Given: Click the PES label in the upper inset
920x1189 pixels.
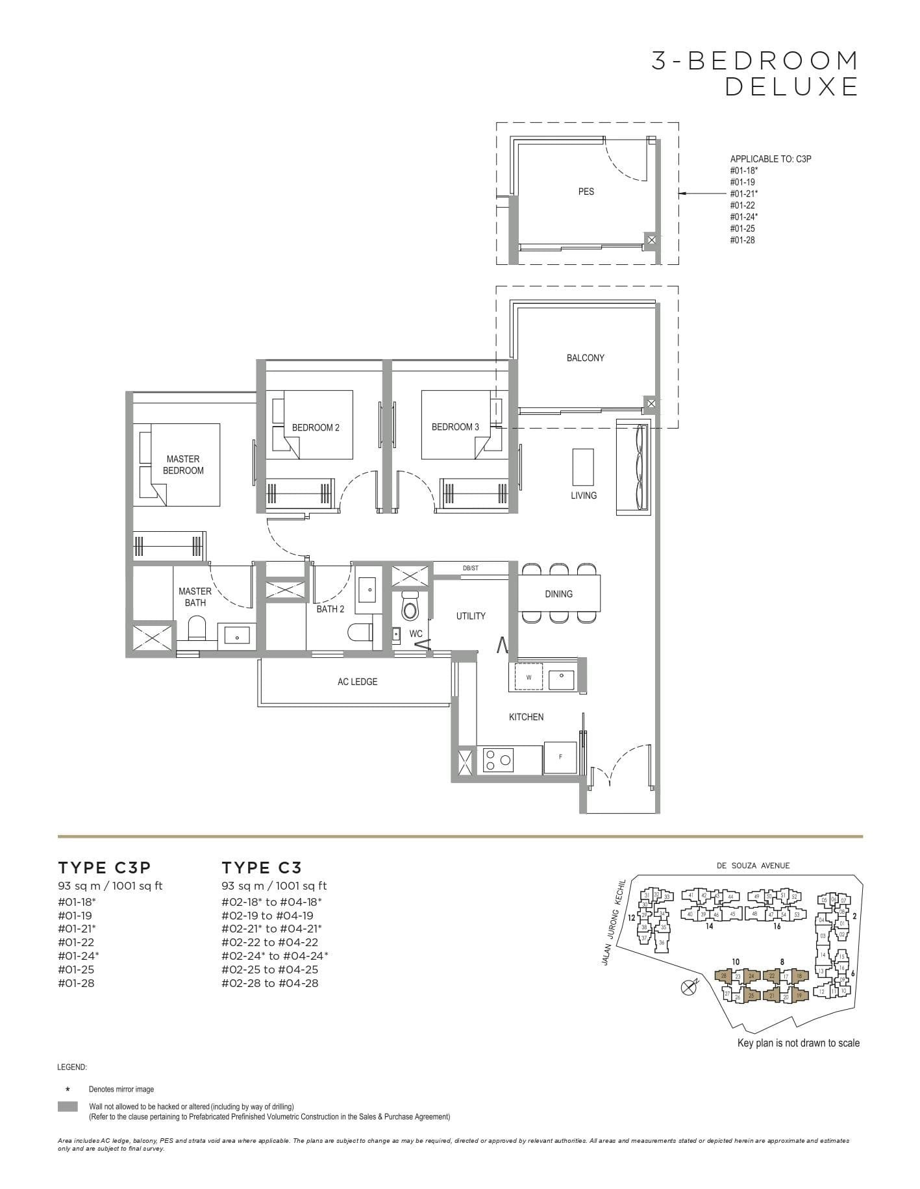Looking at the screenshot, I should click(586, 192).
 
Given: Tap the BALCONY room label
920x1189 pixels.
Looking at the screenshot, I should click(585, 358).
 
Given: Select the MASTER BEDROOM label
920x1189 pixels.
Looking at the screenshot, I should click(183, 465).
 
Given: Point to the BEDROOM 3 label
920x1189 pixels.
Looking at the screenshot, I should click(455, 427).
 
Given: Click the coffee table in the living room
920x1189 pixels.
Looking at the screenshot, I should click(582, 466).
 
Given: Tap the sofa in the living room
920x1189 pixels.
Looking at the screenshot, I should click(633, 468).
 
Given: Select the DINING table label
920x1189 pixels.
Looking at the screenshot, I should click(558, 594).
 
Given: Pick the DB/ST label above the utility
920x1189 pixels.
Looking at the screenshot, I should click(471, 568).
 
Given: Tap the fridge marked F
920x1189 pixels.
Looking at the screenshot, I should click(560, 757).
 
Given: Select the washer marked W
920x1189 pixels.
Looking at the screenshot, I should click(528, 677).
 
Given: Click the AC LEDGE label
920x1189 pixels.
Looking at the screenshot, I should click(357, 681).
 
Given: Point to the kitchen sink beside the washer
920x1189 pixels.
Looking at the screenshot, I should click(561, 679).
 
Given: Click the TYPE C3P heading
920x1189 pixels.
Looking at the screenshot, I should click(105, 868).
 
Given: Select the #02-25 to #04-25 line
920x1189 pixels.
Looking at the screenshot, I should click(270, 970).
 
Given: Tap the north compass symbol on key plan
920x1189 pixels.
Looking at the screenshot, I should click(688, 988).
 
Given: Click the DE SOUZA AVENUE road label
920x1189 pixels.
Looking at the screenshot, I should click(753, 866).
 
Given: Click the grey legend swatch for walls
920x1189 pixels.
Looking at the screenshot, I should click(68, 1107).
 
